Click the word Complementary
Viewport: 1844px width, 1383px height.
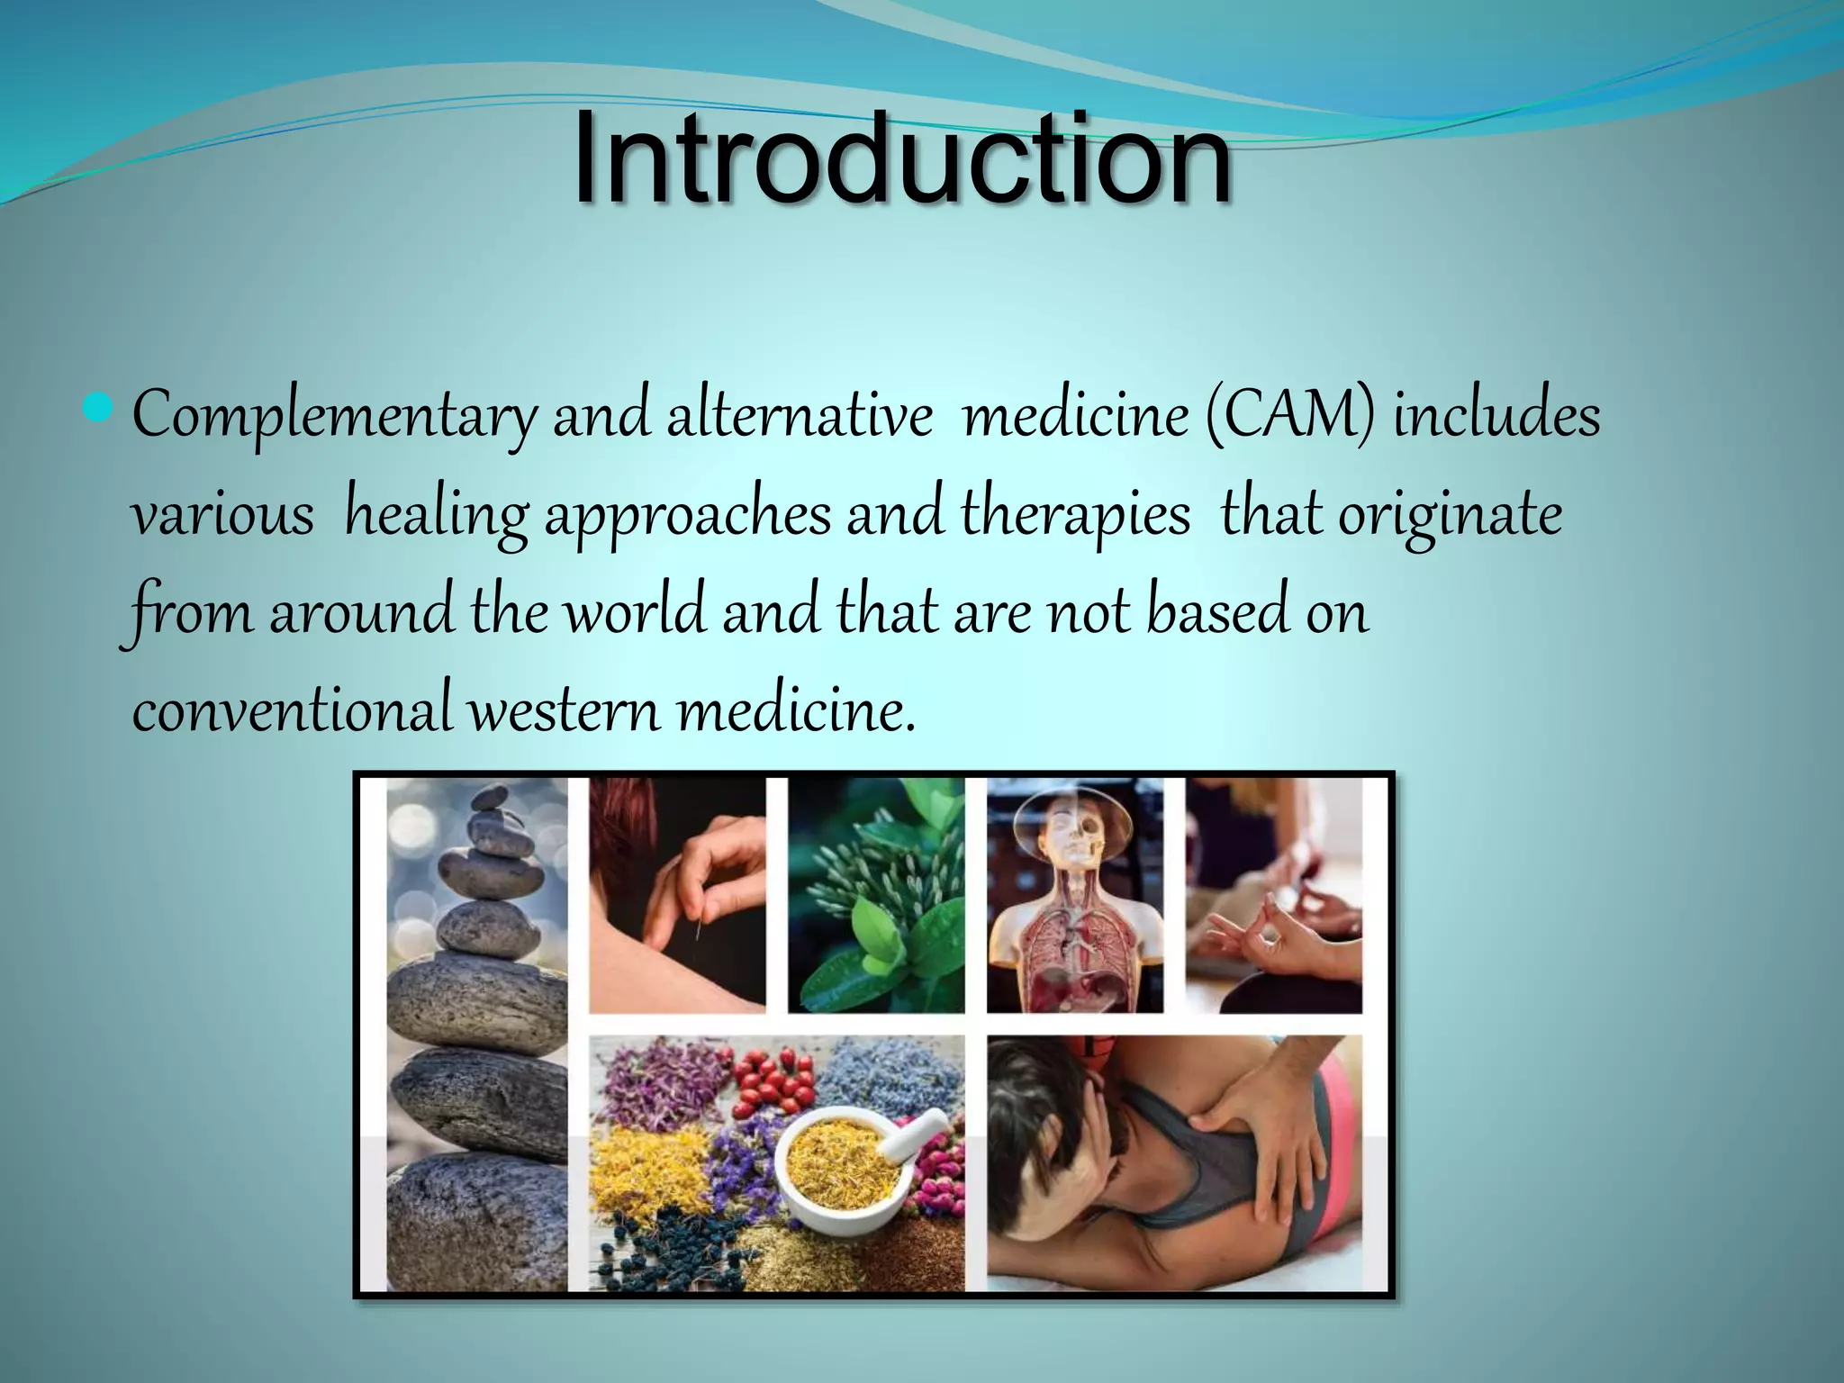click(x=334, y=417)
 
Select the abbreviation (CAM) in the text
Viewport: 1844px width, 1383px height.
click(x=1288, y=417)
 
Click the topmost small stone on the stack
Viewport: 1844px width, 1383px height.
click(x=491, y=797)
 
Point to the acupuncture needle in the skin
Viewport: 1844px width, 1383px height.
click(x=699, y=927)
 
